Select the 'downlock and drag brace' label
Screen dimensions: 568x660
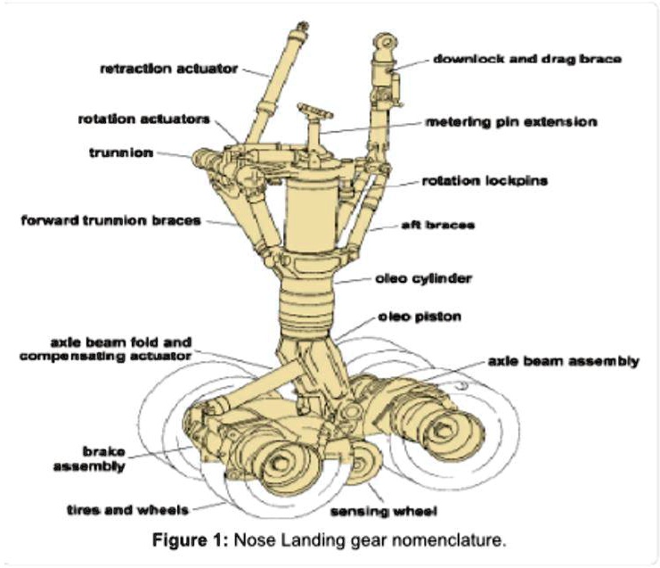click(x=526, y=59)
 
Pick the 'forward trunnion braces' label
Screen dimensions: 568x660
click(x=111, y=220)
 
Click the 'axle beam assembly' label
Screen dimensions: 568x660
click(x=563, y=361)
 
